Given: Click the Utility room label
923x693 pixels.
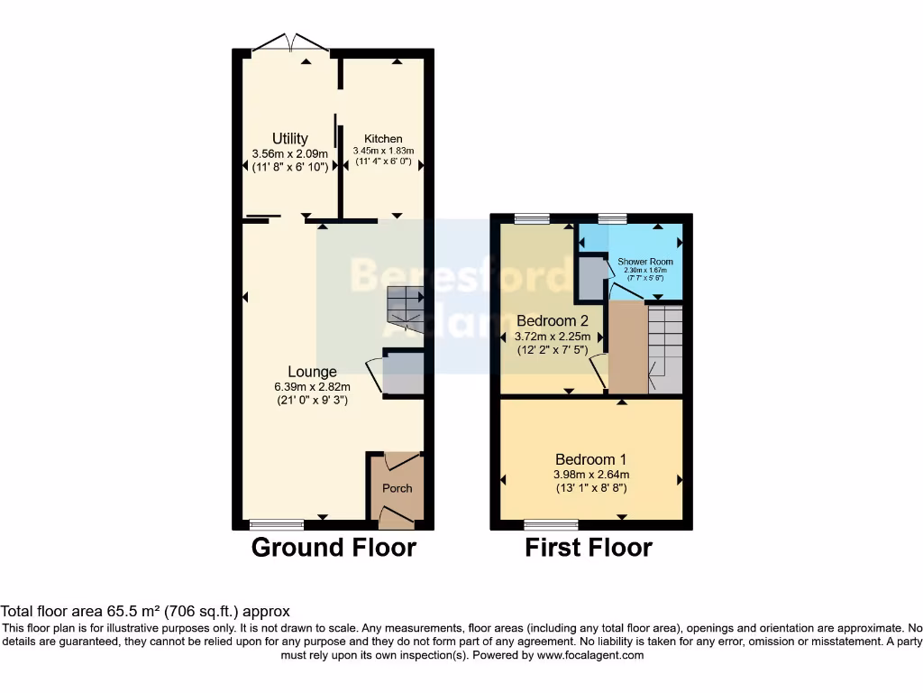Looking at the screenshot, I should click(290, 139).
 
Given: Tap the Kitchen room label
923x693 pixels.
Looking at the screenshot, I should click(383, 139).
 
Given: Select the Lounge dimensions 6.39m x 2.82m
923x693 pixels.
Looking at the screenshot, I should click(312, 386).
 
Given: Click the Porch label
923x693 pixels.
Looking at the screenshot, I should click(397, 488).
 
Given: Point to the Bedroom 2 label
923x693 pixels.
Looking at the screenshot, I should click(552, 320).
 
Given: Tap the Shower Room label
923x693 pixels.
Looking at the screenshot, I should click(644, 262).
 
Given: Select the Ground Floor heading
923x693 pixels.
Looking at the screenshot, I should click(334, 547).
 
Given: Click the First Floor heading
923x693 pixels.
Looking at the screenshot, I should click(589, 547).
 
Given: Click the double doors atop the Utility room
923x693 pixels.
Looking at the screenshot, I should click(289, 42).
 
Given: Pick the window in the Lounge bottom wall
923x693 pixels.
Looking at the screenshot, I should click(277, 524).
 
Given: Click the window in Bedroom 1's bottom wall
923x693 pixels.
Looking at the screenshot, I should click(551, 524).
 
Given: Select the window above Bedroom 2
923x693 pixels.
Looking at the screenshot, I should click(532, 217).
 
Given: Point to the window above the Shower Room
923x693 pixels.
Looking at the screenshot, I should click(612, 217).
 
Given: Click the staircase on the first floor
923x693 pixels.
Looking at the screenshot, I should click(665, 349).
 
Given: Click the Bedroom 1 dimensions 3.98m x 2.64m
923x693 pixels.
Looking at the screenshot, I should click(591, 475).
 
